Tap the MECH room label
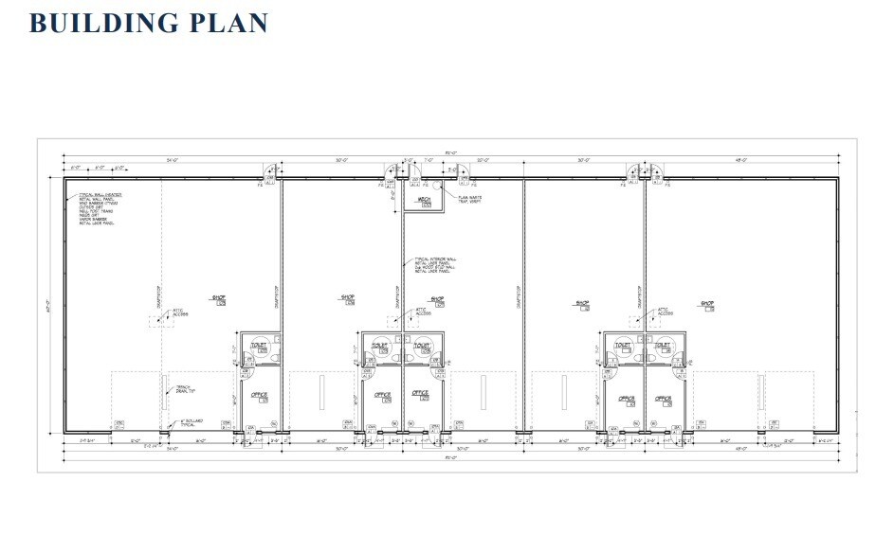[426, 199]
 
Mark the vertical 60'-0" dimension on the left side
[47, 305]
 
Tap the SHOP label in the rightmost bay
[706, 304]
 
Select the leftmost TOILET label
[259, 346]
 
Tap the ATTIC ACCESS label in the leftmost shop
[179, 312]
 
